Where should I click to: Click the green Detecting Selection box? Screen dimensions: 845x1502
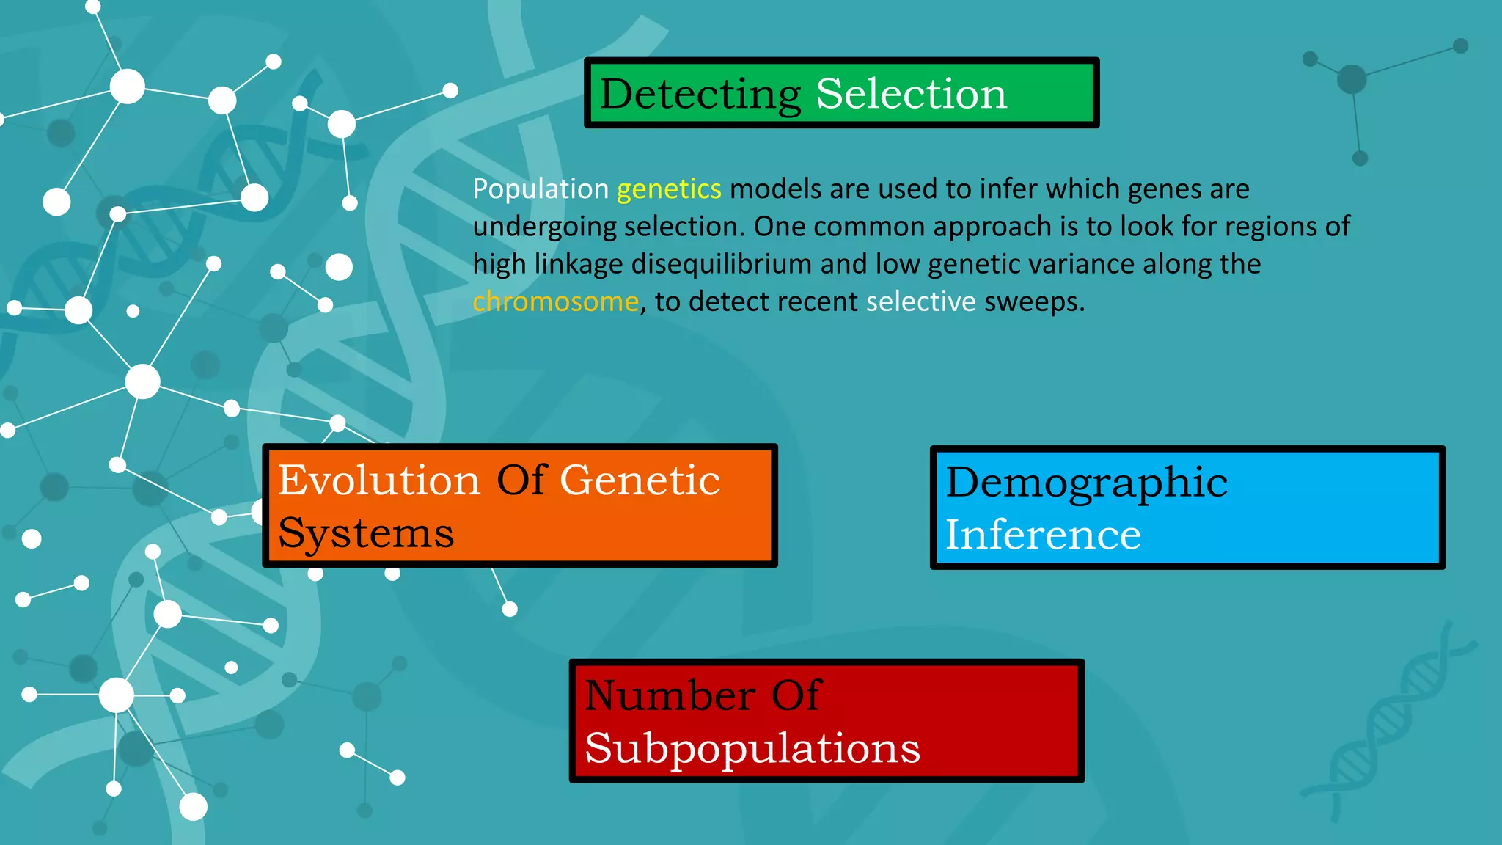point(841,93)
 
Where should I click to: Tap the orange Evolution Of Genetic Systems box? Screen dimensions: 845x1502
point(519,505)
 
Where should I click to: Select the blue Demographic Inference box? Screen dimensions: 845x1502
point(1187,508)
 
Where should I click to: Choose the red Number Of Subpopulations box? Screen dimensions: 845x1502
point(827,721)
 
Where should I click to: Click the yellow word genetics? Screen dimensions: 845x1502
point(669,189)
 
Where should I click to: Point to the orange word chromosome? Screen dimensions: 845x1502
point(555,301)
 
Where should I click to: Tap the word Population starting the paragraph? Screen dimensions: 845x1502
point(541,189)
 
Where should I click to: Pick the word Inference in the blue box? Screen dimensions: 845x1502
point(1042,534)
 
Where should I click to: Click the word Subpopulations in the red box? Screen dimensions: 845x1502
point(752,748)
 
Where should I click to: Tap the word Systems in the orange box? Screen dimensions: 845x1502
point(366,533)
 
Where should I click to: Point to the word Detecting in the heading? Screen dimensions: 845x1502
point(700,94)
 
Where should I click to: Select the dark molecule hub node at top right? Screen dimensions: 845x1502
point(1351,78)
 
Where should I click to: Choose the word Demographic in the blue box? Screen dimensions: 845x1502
point(1086,483)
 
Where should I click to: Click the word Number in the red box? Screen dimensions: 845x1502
point(670,695)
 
